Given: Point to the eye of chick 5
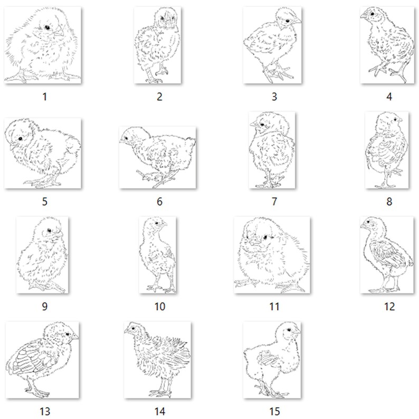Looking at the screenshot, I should pos(20,137).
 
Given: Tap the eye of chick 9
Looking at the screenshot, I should pos(49,231).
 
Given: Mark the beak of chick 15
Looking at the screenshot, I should pos(298,333).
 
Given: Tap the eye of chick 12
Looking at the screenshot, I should pos(370,225).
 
